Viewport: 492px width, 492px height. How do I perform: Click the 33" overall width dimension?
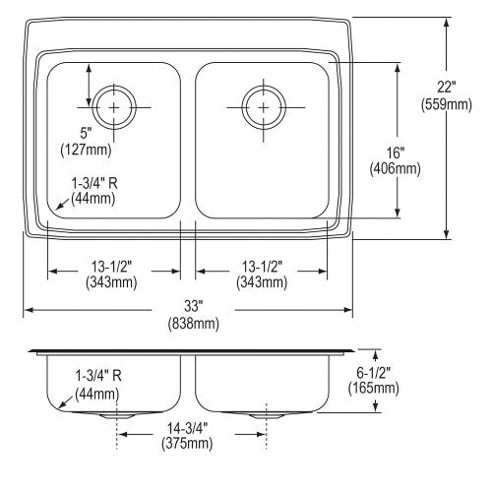193,306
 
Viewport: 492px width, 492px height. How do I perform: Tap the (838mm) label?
193,324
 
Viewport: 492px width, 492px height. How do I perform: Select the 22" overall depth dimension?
447,88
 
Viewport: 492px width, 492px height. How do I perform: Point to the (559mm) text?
447,104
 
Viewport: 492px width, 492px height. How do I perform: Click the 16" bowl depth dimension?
395,153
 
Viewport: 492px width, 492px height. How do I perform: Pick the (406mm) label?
395,169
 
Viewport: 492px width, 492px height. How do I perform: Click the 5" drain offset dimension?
86,134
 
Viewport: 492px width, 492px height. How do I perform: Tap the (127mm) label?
86,151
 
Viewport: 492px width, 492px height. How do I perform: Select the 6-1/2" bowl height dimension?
374,372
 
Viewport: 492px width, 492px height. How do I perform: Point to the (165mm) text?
374,389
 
